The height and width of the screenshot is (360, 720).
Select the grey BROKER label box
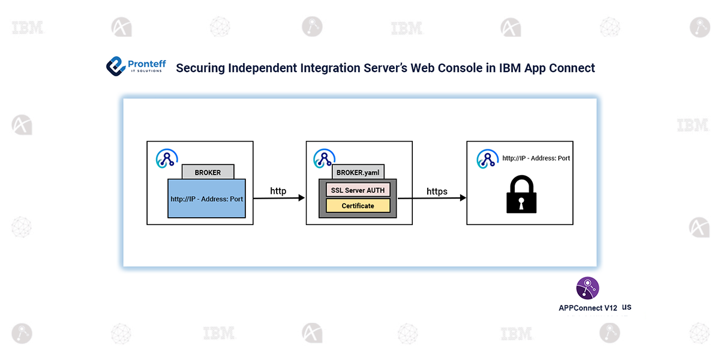(x=208, y=172)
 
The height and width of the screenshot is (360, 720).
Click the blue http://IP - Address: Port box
(x=206, y=199)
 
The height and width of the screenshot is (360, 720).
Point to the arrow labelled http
(x=279, y=198)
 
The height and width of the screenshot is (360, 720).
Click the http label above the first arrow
(x=278, y=191)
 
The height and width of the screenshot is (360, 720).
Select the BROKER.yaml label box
(x=358, y=172)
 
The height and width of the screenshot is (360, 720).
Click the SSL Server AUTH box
(x=358, y=190)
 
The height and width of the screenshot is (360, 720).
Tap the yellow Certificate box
(x=358, y=206)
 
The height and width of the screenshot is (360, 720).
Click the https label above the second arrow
(x=437, y=191)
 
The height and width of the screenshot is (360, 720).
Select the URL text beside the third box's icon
(x=536, y=158)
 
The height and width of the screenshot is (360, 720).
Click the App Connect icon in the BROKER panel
(x=166, y=158)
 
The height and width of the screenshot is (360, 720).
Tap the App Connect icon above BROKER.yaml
(x=324, y=158)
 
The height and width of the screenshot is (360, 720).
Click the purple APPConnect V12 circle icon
(x=587, y=288)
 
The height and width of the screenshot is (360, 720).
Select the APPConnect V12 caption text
(x=588, y=308)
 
